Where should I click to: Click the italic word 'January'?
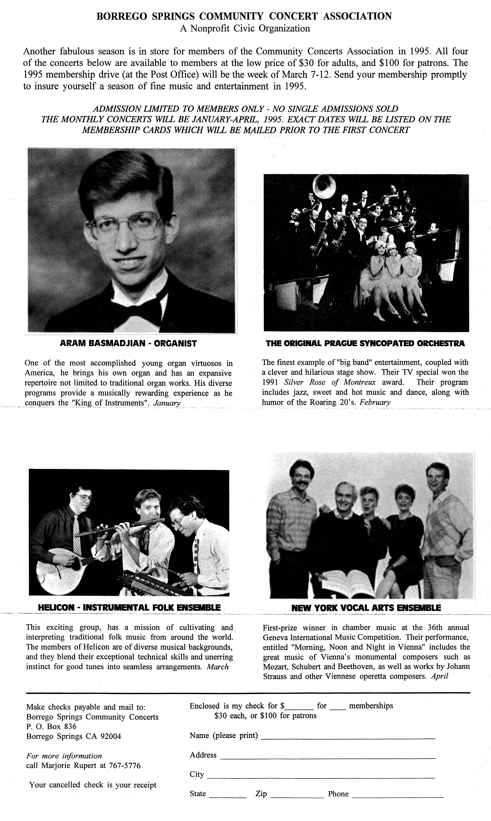click(167, 403)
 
